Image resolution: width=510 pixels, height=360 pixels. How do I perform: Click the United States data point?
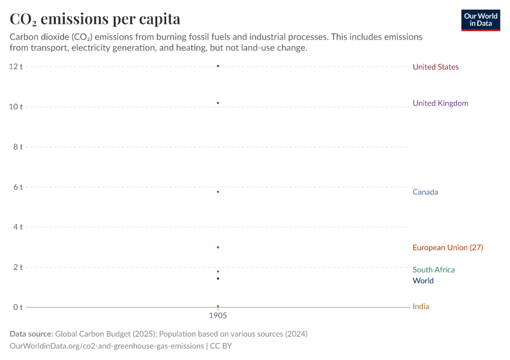(218, 66)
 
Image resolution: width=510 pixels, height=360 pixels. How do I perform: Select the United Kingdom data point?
(218, 103)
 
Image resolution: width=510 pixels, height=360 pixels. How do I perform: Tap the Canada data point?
(218, 192)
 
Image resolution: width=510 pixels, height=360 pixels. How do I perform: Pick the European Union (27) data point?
(218, 247)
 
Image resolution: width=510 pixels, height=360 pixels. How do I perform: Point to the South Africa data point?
(218, 271)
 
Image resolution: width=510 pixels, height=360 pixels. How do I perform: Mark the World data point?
(218, 278)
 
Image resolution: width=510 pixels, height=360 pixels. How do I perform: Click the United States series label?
(436, 67)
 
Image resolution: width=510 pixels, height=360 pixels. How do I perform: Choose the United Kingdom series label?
(440, 103)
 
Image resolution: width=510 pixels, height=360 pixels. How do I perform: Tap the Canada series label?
(425, 192)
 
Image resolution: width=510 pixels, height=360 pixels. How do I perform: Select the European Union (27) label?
(448, 248)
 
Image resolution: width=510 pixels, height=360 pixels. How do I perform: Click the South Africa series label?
(434, 270)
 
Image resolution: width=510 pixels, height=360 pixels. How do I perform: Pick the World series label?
(423, 281)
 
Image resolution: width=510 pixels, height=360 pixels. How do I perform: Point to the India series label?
(421, 307)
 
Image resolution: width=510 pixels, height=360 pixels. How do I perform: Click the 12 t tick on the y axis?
(16, 67)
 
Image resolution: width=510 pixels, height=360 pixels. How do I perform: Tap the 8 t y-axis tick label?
(18, 147)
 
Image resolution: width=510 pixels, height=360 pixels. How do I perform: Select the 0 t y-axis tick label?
(18, 307)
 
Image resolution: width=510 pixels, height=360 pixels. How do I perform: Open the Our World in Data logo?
(480, 20)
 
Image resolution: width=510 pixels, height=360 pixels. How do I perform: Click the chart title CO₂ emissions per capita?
(95, 19)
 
